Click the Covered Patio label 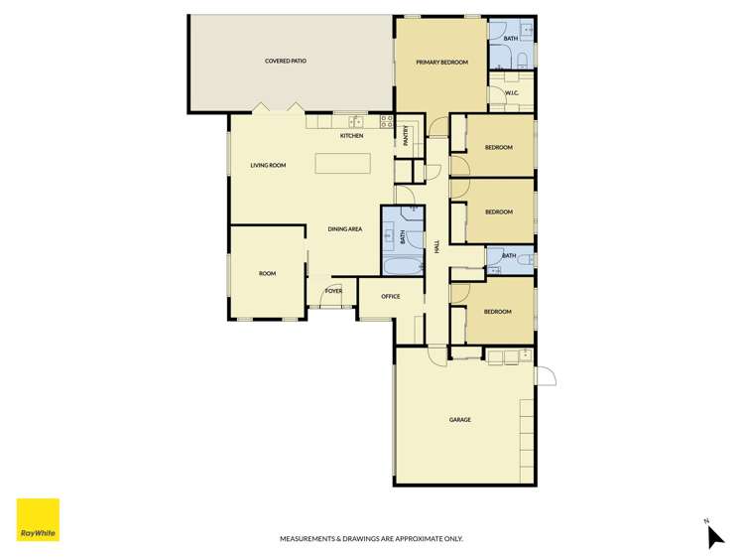click(285, 62)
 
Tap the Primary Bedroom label click(441, 62)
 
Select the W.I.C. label click(512, 93)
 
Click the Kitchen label click(351, 136)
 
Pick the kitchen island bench click(342, 164)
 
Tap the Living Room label click(268, 166)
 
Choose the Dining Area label click(345, 229)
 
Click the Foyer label click(332, 291)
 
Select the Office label click(390, 297)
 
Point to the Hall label click(436, 246)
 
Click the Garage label click(459, 420)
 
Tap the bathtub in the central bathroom click(403, 266)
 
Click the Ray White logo click(38, 519)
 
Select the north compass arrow click(715, 536)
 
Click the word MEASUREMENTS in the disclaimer click(309, 539)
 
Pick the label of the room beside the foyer click(267, 273)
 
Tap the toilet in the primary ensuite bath click(521, 61)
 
